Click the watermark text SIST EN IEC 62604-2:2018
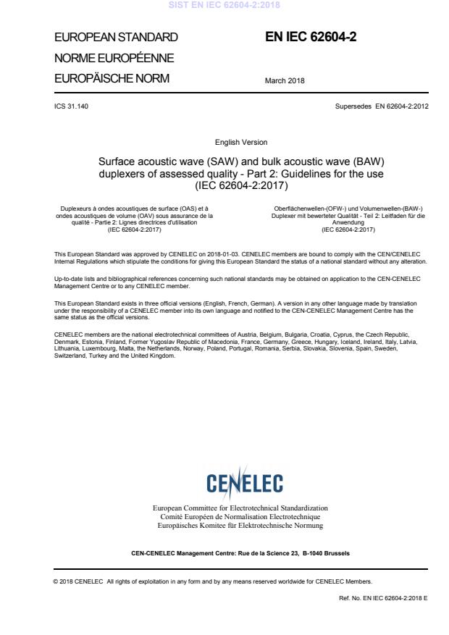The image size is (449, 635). tap(224, 6)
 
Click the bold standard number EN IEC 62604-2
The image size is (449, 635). tap(314, 37)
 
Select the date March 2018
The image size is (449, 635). tap(285, 81)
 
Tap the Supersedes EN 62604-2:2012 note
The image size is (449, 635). tap(377, 106)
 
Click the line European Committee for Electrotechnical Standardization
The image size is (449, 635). tap(240, 508)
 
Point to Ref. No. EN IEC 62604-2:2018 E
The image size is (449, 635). tap(377, 601)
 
